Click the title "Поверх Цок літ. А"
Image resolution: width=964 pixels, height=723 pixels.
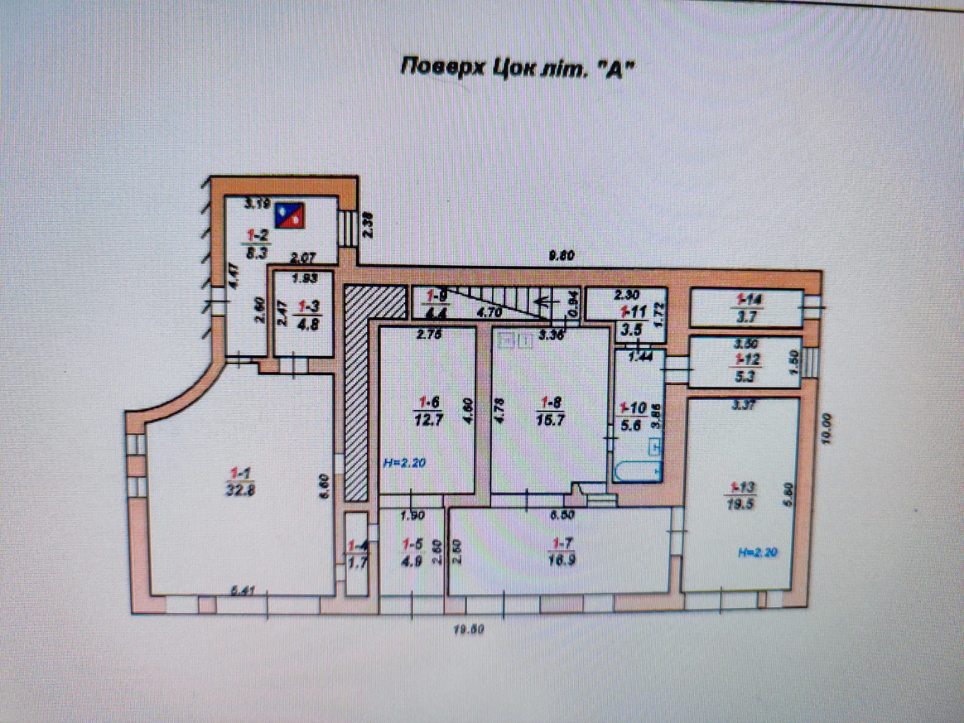click(x=517, y=69)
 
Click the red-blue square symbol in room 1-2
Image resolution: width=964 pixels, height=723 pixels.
click(x=289, y=215)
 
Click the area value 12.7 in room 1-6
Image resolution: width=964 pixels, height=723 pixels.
click(x=428, y=420)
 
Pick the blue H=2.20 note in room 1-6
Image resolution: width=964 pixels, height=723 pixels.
click(x=404, y=462)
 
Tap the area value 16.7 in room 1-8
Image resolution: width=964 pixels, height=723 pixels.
click(x=550, y=420)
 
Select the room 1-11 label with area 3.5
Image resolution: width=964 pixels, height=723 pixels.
click(x=632, y=320)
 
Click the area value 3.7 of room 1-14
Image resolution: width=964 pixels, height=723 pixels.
click(x=747, y=317)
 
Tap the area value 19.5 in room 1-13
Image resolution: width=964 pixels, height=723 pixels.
click(x=740, y=504)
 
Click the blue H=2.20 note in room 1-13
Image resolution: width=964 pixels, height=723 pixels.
click(x=757, y=553)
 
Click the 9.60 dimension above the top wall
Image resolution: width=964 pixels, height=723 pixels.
click(x=562, y=256)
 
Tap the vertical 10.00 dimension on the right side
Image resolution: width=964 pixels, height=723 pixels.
click(x=828, y=427)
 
